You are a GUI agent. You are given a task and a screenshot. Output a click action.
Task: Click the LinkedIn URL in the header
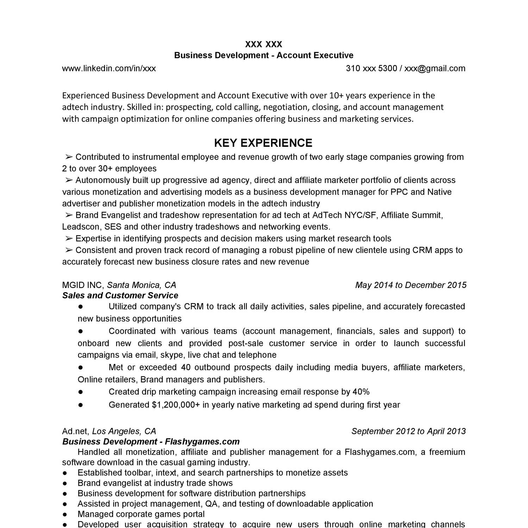point(109,68)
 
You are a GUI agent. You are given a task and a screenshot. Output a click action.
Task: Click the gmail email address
point(435,68)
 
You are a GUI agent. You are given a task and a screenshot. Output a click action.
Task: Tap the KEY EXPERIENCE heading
point(263,143)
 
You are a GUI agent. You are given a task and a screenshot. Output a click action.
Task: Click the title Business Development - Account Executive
point(264,55)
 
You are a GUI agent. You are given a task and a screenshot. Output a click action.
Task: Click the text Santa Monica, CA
point(142,285)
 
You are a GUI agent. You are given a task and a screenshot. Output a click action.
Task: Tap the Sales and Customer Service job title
point(120,296)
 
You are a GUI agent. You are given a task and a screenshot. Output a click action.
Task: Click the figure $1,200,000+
point(176,405)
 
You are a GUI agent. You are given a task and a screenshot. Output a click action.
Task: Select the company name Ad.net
point(76,432)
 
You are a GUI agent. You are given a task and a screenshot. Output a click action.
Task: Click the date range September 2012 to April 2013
point(408,432)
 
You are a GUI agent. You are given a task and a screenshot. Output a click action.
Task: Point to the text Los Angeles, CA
point(124,432)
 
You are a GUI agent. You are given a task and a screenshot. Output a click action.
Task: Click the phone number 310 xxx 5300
point(371,68)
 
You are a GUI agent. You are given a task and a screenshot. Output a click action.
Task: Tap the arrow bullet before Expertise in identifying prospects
point(69,239)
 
